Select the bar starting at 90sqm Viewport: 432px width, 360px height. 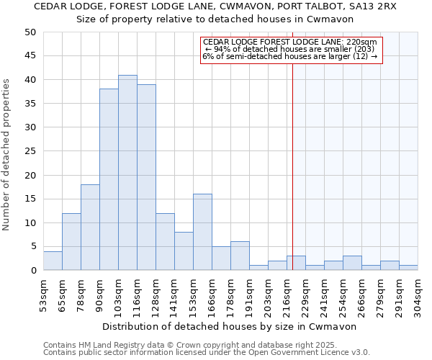click(109, 180)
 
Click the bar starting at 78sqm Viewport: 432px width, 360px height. click(90, 228)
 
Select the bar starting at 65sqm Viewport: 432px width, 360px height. click(71, 242)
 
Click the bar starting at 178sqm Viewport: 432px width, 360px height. click(240, 256)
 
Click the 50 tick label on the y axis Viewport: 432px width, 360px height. click(30, 32)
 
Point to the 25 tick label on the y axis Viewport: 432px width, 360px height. click(30, 151)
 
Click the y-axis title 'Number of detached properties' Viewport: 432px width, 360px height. click(7, 155)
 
